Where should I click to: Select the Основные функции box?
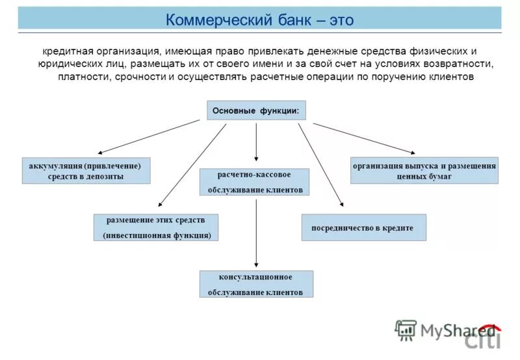[256, 110]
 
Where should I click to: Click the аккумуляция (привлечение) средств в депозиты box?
[86, 170]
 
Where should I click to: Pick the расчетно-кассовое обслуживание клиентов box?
[254, 182]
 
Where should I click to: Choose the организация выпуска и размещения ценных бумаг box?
[424, 170]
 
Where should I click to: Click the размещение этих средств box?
[156, 227]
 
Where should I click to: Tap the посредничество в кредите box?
[363, 227]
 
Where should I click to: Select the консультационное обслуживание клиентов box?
[255, 284]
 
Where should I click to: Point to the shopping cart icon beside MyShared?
[406, 329]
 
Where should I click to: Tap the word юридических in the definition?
[66, 64]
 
